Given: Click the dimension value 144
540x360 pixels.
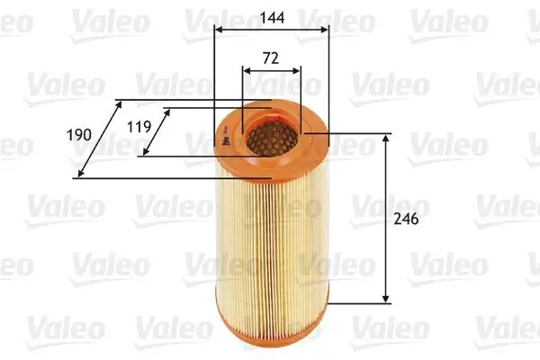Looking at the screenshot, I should pos(270,15).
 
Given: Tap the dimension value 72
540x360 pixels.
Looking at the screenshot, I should pos(270,57).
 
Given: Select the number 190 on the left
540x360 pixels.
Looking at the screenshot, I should pos(80,134).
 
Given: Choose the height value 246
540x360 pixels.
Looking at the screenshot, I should pos(406,219).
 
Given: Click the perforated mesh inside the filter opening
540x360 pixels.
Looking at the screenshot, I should pos(270,137).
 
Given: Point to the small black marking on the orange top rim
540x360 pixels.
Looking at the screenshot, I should pos(220,137).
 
